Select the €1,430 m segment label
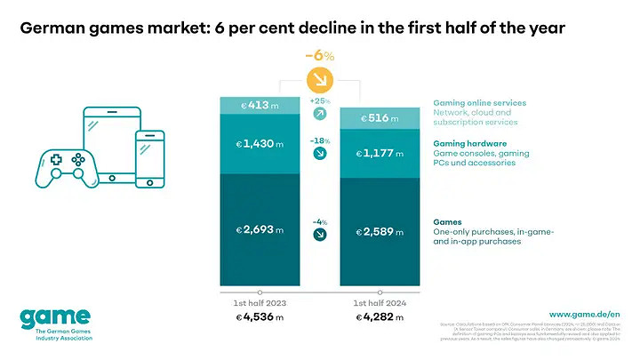(x=259, y=144)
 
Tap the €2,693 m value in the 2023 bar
(x=259, y=229)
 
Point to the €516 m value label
(x=379, y=118)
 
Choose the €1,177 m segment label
(x=379, y=154)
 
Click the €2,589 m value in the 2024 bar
(x=379, y=232)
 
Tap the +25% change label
(x=319, y=101)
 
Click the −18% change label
(x=319, y=140)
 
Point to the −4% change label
(x=319, y=221)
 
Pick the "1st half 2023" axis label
(x=259, y=302)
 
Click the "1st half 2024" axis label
(x=379, y=302)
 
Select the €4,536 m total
(x=259, y=317)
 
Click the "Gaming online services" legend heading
(x=479, y=103)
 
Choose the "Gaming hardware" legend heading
(x=469, y=143)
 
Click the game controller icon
(x=66, y=168)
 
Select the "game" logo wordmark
(x=54, y=318)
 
